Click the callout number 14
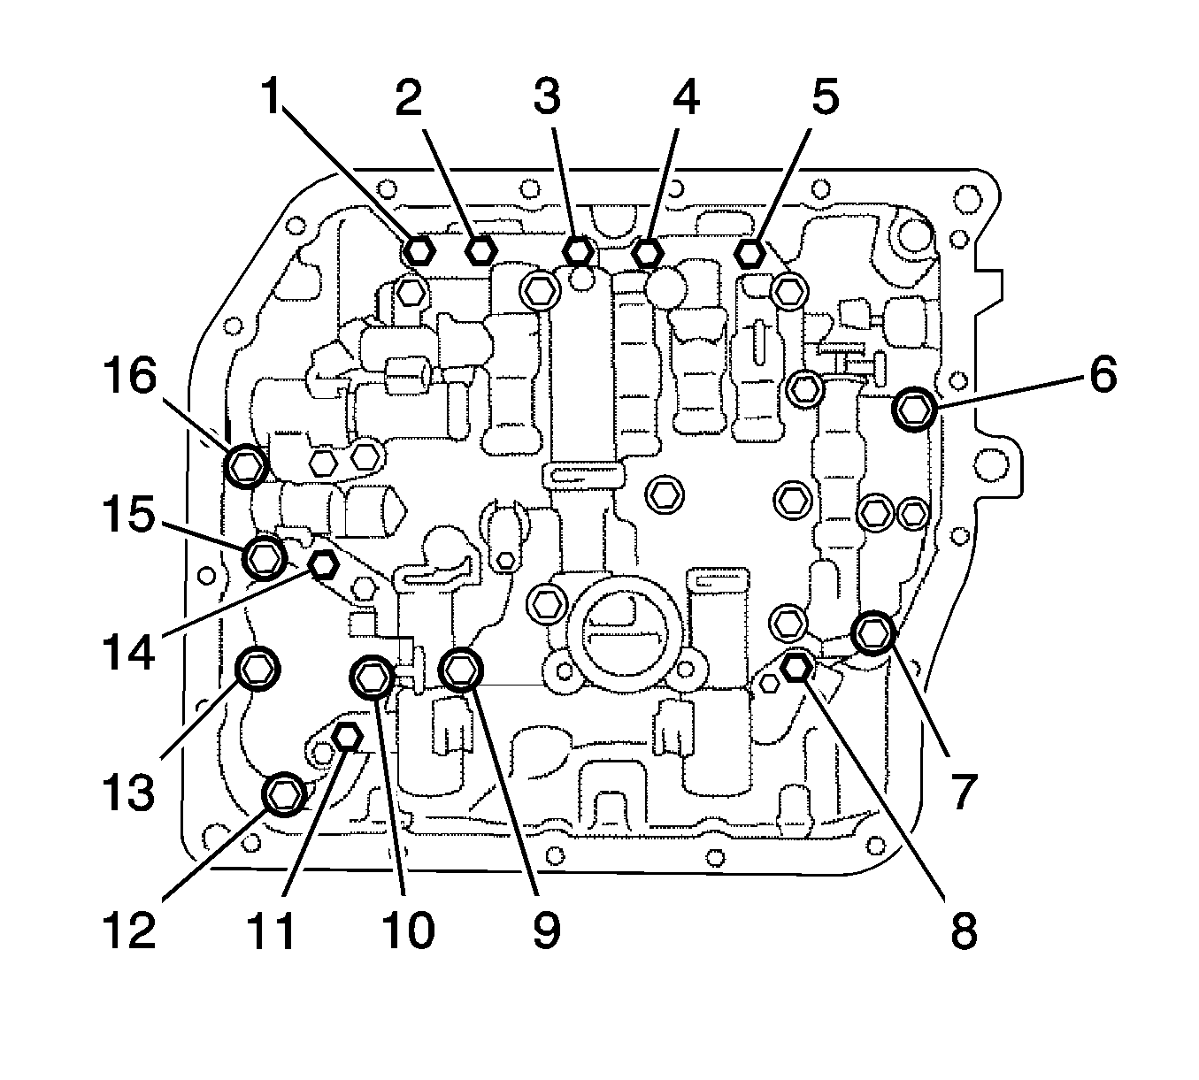click(129, 652)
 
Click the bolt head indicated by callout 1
click(419, 250)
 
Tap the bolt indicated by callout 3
click(578, 250)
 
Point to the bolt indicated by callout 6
click(914, 409)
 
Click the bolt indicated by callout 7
click(874, 632)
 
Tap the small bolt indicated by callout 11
click(349, 736)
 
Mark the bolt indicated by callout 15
click(264, 557)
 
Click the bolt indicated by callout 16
click(246, 465)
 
